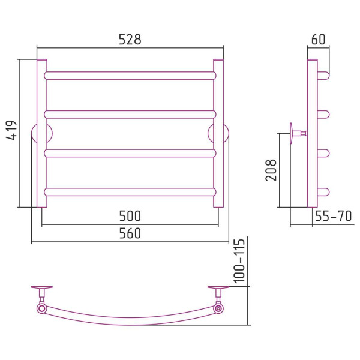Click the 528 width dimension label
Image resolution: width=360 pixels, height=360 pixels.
tap(130, 39)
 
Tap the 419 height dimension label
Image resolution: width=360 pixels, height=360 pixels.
tap(11, 130)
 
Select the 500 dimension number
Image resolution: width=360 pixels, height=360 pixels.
tap(130, 216)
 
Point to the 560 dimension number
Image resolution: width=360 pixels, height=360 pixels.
tap(130, 233)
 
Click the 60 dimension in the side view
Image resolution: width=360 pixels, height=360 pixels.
tap(318, 39)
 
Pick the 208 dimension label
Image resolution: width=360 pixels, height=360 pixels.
tap(271, 170)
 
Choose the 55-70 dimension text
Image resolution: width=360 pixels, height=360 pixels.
tap(333, 216)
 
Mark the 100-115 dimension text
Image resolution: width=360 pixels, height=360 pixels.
tap(239, 261)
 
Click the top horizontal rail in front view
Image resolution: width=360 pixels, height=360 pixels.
tap(130, 76)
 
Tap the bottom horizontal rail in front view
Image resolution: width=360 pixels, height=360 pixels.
tap(130, 192)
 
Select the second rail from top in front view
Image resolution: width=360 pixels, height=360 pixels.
tap(130, 115)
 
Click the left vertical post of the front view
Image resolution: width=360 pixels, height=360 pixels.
tap(42, 133)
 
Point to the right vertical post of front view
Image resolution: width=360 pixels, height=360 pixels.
tap(218, 133)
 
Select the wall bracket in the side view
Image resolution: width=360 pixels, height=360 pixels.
tap(298, 133)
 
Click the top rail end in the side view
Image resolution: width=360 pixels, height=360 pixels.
tap(324, 76)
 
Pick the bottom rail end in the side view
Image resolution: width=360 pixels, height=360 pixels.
tap(324, 192)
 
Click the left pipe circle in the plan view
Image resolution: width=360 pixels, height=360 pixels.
tap(42, 308)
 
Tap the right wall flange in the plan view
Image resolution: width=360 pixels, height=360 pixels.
tap(218, 287)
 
